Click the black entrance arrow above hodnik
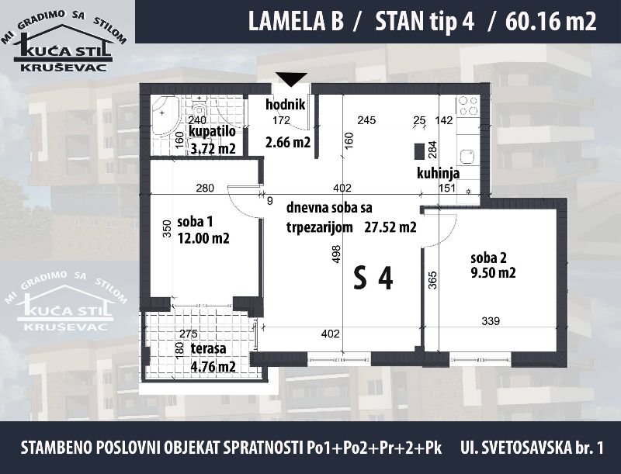pyautogui.click(x=292, y=79)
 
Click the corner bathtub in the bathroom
pyautogui.click(x=165, y=116)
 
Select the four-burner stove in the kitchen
pyautogui.click(x=468, y=106)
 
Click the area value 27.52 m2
pyautogui.click(x=390, y=227)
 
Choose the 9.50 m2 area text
pyautogui.click(x=493, y=272)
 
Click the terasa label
pyautogui.click(x=208, y=348)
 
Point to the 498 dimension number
pyautogui.click(x=337, y=255)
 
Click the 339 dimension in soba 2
pyautogui.click(x=491, y=321)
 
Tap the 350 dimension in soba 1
pyautogui.click(x=167, y=228)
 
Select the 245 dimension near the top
pyautogui.click(x=366, y=120)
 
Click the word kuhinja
pyautogui.click(x=438, y=173)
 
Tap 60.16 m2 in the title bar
pyautogui.click(x=550, y=22)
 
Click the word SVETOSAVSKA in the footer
pyautogui.click(x=521, y=448)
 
